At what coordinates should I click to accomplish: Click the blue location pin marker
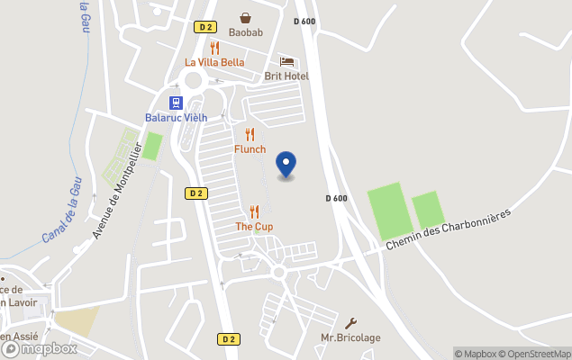pos(286,165)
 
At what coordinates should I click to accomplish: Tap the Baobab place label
pos(245,33)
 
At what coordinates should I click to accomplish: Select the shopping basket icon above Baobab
pos(245,18)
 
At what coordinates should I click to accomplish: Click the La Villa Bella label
pos(214,62)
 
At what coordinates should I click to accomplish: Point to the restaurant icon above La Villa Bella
pos(214,48)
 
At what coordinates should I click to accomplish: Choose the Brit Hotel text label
pos(286,76)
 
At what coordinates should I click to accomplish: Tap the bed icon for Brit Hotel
pos(286,61)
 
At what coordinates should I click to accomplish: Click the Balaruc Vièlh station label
pos(176,118)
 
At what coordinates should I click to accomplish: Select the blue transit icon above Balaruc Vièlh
pos(176,103)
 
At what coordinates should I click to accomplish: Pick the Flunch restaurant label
pos(250,149)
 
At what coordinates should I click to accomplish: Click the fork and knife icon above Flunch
pos(250,134)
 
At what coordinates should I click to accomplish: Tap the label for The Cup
pos(254,227)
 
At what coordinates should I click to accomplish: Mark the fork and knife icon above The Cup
pos(254,211)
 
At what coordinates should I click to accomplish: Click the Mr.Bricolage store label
pos(350,338)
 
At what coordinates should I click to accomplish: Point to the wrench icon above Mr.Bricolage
pos(350,323)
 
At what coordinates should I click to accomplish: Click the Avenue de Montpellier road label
pos(118,190)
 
